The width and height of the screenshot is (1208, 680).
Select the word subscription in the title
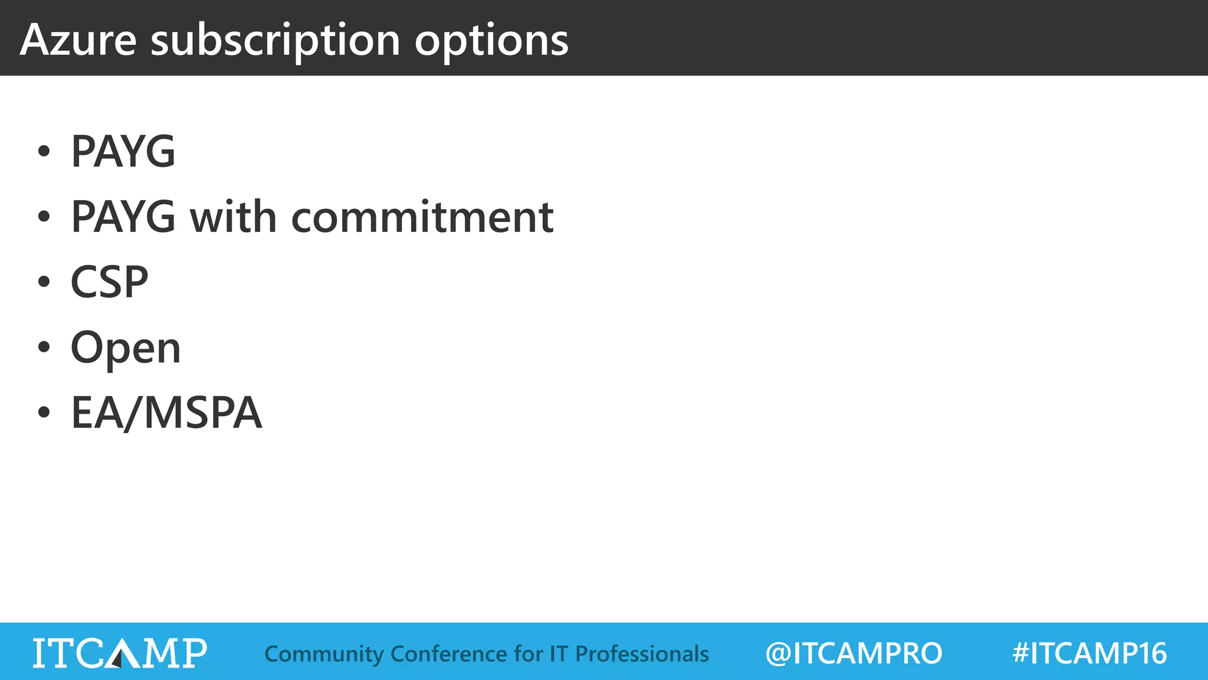click(275, 41)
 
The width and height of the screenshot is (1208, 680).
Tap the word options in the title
click(491, 41)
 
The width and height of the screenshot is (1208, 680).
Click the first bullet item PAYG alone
click(123, 152)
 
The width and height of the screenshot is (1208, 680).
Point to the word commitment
click(422, 217)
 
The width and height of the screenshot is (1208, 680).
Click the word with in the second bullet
click(233, 217)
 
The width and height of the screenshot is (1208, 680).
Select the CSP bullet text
click(110, 282)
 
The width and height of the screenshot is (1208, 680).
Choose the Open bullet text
click(126, 348)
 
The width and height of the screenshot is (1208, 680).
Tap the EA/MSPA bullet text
click(166, 413)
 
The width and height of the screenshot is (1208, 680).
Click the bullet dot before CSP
click(44, 282)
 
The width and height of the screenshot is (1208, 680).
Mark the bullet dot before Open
click(44, 347)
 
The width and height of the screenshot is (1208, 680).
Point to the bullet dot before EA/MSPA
click(44, 412)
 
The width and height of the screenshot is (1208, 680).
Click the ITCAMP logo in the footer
click(120, 653)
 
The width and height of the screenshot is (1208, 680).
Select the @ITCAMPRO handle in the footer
click(854, 653)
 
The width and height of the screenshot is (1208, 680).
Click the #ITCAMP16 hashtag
click(1089, 653)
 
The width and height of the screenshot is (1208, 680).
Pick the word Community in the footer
click(324, 655)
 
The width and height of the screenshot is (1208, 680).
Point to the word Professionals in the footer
click(642, 654)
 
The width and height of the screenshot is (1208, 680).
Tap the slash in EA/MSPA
click(133, 413)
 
